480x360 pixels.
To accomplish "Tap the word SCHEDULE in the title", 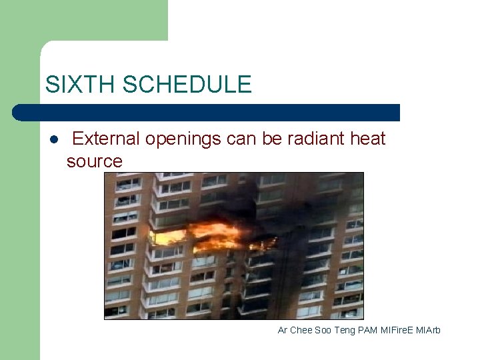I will pyautogui.click(x=187, y=85).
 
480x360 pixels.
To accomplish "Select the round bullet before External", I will pyautogui.click(x=53, y=139).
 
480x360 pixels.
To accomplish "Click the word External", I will pyautogui.click(x=106, y=139).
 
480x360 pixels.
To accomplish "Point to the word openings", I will pyautogui.click(x=183, y=139).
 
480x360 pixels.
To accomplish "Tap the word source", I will pyautogui.click(x=95, y=161).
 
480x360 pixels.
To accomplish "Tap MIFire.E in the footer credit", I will pyautogui.click(x=398, y=331).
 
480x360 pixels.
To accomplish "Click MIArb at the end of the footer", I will pyautogui.click(x=429, y=331).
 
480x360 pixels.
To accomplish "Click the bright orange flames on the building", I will pyautogui.click(x=213, y=235).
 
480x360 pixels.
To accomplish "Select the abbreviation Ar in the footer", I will pyautogui.click(x=283, y=331).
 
